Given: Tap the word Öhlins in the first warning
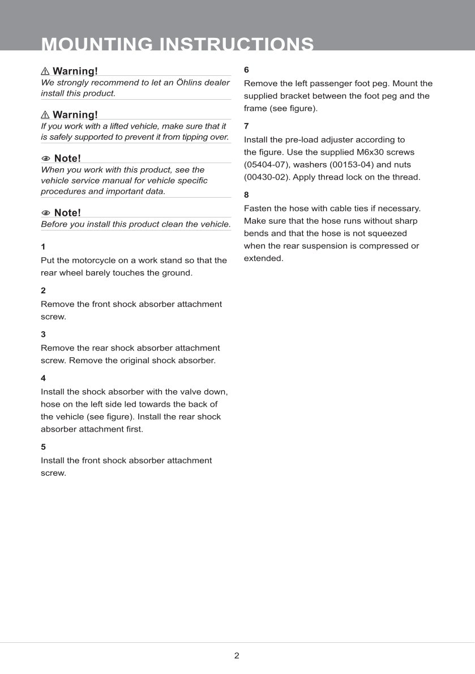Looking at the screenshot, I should [176, 82].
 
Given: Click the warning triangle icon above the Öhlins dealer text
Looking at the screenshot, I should [45, 71].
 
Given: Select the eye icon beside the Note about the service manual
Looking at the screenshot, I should [46, 158].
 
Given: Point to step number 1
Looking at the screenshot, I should [43, 247].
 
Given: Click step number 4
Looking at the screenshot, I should [43, 378].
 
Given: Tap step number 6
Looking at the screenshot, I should [246, 70].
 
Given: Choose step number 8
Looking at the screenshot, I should [246, 195].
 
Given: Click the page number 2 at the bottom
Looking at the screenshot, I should [237, 656].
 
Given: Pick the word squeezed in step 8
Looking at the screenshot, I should [388, 233].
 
